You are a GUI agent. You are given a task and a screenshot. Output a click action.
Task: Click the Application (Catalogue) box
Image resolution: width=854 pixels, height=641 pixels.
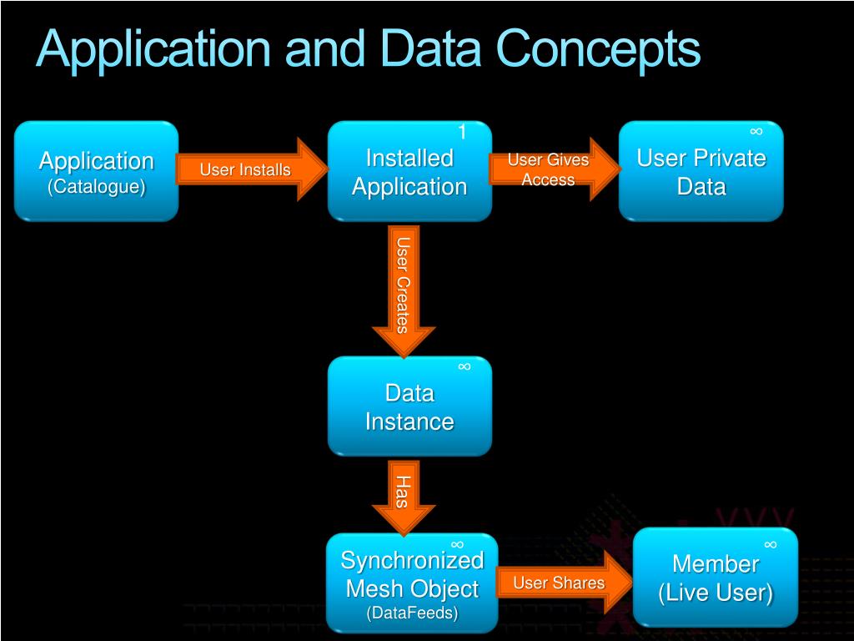point(96,171)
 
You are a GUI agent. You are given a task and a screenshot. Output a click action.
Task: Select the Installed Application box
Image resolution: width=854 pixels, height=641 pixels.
point(409,172)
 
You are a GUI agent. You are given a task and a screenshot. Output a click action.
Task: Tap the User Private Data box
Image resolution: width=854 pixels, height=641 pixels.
point(701,172)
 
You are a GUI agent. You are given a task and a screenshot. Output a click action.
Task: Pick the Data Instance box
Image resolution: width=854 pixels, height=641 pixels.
point(409,406)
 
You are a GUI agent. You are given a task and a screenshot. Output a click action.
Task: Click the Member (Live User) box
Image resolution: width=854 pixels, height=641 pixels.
point(716,578)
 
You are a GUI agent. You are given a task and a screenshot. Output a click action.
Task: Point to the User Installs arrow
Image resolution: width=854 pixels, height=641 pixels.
point(250,170)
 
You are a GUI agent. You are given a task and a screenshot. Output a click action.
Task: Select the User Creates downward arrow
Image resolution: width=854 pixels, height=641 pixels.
point(404,288)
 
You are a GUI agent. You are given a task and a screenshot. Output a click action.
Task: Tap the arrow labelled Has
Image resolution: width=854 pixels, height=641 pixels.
point(404,494)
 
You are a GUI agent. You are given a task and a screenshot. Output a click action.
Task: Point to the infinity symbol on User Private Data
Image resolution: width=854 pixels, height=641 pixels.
point(756,131)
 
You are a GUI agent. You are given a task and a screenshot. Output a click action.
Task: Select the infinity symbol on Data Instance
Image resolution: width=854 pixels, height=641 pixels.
point(465,366)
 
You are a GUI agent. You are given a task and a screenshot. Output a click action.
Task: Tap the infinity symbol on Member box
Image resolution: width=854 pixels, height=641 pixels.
point(770,544)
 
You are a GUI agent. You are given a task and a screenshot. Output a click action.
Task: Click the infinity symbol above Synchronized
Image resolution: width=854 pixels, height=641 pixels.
point(457,544)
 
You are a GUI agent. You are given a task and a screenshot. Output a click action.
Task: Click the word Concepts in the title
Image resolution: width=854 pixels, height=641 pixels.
point(599,50)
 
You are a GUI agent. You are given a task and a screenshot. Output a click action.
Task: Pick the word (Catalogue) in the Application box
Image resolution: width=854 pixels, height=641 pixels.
point(96,186)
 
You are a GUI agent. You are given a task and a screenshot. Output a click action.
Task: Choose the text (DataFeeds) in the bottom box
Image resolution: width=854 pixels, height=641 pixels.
point(412,613)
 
